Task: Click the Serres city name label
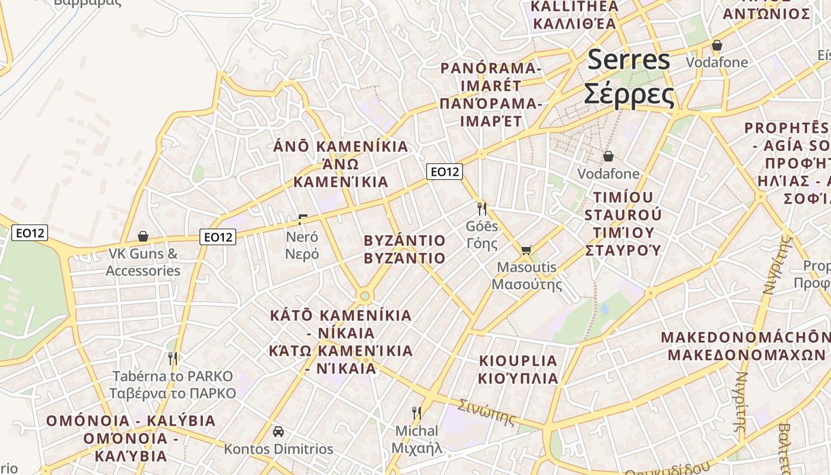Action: coord(629,77)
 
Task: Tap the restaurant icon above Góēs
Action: coord(482,208)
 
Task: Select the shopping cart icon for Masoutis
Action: coord(526,251)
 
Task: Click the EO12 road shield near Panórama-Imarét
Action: coord(445,172)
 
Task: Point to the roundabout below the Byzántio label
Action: coord(364,296)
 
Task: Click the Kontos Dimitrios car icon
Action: coord(278,432)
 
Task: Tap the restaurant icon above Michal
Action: coord(417,413)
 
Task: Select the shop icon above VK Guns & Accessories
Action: coord(143,236)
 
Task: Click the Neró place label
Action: coord(302,245)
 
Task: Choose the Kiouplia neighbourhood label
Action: coord(519,369)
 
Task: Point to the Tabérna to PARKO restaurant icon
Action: coord(173,358)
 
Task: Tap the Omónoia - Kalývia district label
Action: coord(131,438)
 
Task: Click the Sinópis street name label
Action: coord(487,413)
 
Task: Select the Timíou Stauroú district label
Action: coord(623,223)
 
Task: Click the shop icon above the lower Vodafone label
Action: coord(608,157)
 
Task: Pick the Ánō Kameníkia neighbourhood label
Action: coord(341,164)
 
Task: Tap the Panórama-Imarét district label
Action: coord(490,95)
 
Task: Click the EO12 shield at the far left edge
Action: coord(30,233)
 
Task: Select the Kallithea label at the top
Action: coord(575,15)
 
